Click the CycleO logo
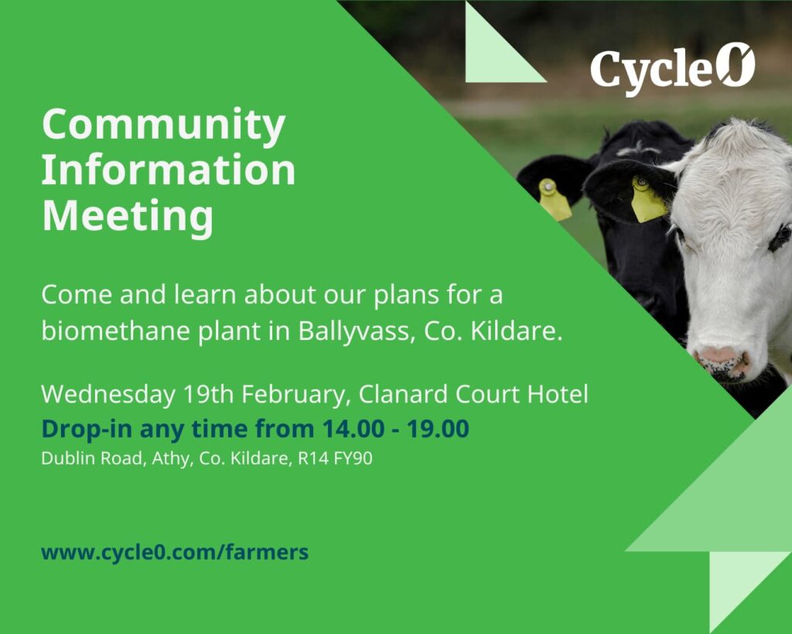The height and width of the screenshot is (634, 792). pos(672,70)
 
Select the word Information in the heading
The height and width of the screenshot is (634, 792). pos(168,170)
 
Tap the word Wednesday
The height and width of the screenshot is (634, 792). pos(108,394)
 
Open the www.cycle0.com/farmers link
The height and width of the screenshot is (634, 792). pos(175,553)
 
